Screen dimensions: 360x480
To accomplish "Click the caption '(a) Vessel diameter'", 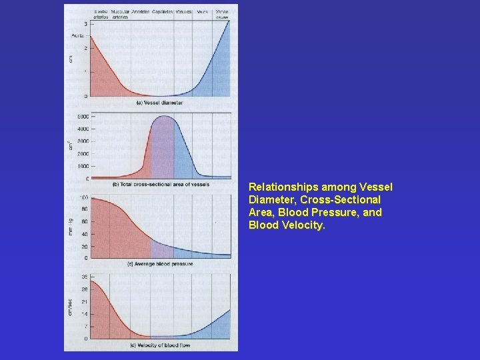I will click(x=159, y=103).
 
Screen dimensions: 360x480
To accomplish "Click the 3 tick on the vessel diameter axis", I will click(x=85, y=24).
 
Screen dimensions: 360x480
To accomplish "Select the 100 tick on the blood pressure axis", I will click(x=84, y=198).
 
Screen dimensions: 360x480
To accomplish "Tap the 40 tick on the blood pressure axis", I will click(x=85, y=234).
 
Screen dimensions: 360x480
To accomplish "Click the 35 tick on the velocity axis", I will click(x=85, y=277).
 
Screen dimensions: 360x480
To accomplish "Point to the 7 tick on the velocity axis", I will click(x=85, y=326).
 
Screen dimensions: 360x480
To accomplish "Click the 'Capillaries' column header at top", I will click(x=163, y=12).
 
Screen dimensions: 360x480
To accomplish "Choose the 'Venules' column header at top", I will click(x=184, y=12).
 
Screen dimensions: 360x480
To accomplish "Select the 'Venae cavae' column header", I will click(x=221, y=14).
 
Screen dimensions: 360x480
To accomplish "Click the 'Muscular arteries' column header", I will click(x=121, y=14).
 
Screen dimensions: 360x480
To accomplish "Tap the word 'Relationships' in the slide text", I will click(x=279, y=187).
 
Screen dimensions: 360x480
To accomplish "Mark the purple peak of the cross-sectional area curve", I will click(x=163, y=118).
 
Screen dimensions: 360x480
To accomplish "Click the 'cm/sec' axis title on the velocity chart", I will click(x=72, y=307).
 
